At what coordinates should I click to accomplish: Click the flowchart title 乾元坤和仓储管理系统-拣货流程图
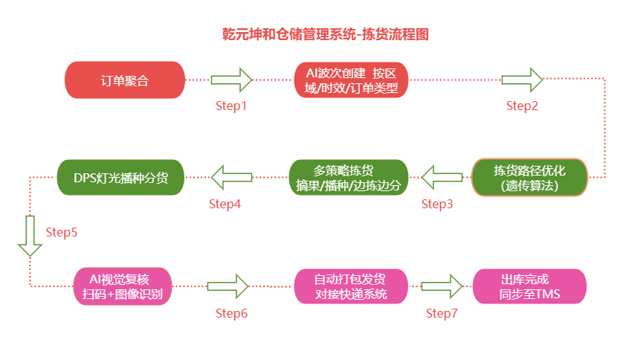326,34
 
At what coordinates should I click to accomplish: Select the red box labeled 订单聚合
125,80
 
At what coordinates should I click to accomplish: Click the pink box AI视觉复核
123,286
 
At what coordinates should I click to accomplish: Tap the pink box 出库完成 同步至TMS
529,286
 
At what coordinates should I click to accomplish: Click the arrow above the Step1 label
232,79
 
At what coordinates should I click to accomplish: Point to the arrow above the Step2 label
522,79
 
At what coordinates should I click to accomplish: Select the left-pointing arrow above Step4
231,177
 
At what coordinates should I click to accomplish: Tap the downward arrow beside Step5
30,235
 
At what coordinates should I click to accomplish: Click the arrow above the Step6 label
227,286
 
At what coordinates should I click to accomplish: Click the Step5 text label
62,232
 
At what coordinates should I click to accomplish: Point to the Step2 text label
522,106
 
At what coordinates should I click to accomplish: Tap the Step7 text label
442,313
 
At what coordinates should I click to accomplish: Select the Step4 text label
225,204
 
